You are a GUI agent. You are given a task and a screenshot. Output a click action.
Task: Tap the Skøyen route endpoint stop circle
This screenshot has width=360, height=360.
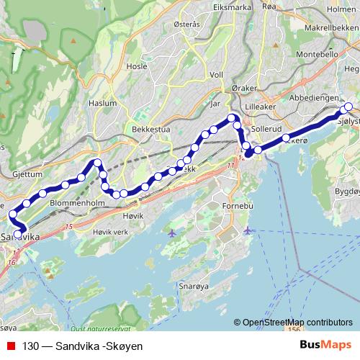point(348,107)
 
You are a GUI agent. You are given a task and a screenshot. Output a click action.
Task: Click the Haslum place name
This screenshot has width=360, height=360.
point(102,103)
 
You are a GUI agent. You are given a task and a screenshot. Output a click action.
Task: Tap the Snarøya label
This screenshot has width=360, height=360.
point(192,285)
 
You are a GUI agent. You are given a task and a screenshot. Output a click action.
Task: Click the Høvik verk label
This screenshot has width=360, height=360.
point(110,233)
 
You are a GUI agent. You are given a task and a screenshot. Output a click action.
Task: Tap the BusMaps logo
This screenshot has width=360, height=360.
point(325,346)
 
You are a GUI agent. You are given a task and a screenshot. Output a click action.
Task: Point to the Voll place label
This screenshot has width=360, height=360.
point(216,74)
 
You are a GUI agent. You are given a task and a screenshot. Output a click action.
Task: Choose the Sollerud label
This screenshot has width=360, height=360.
point(267,127)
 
